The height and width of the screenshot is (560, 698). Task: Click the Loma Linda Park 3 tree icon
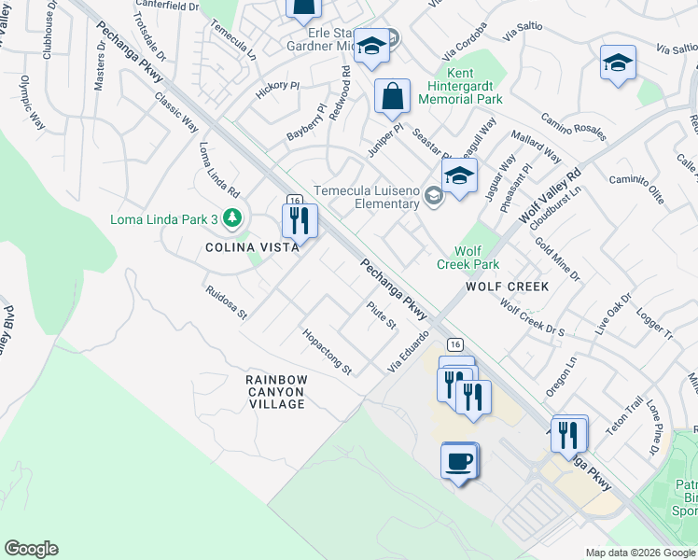(x=231, y=218)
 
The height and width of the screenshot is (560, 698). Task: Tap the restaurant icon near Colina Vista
(x=300, y=220)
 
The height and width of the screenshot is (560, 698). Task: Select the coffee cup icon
(x=459, y=461)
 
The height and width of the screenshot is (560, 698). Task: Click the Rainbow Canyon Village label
(x=275, y=392)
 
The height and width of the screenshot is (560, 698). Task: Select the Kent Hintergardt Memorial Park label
(x=461, y=86)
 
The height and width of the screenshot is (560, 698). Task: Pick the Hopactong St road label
(x=326, y=351)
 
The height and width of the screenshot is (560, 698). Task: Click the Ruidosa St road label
(x=226, y=301)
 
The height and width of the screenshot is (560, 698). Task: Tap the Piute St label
(x=382, y=314)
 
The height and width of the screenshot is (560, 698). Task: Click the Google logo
(x=31, y=549)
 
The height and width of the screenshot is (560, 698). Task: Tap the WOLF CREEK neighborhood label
(x=507, y=287)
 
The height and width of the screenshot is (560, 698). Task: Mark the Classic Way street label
(x=176, y=111)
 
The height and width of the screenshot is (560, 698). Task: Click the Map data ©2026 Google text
(x=639, y=553)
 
